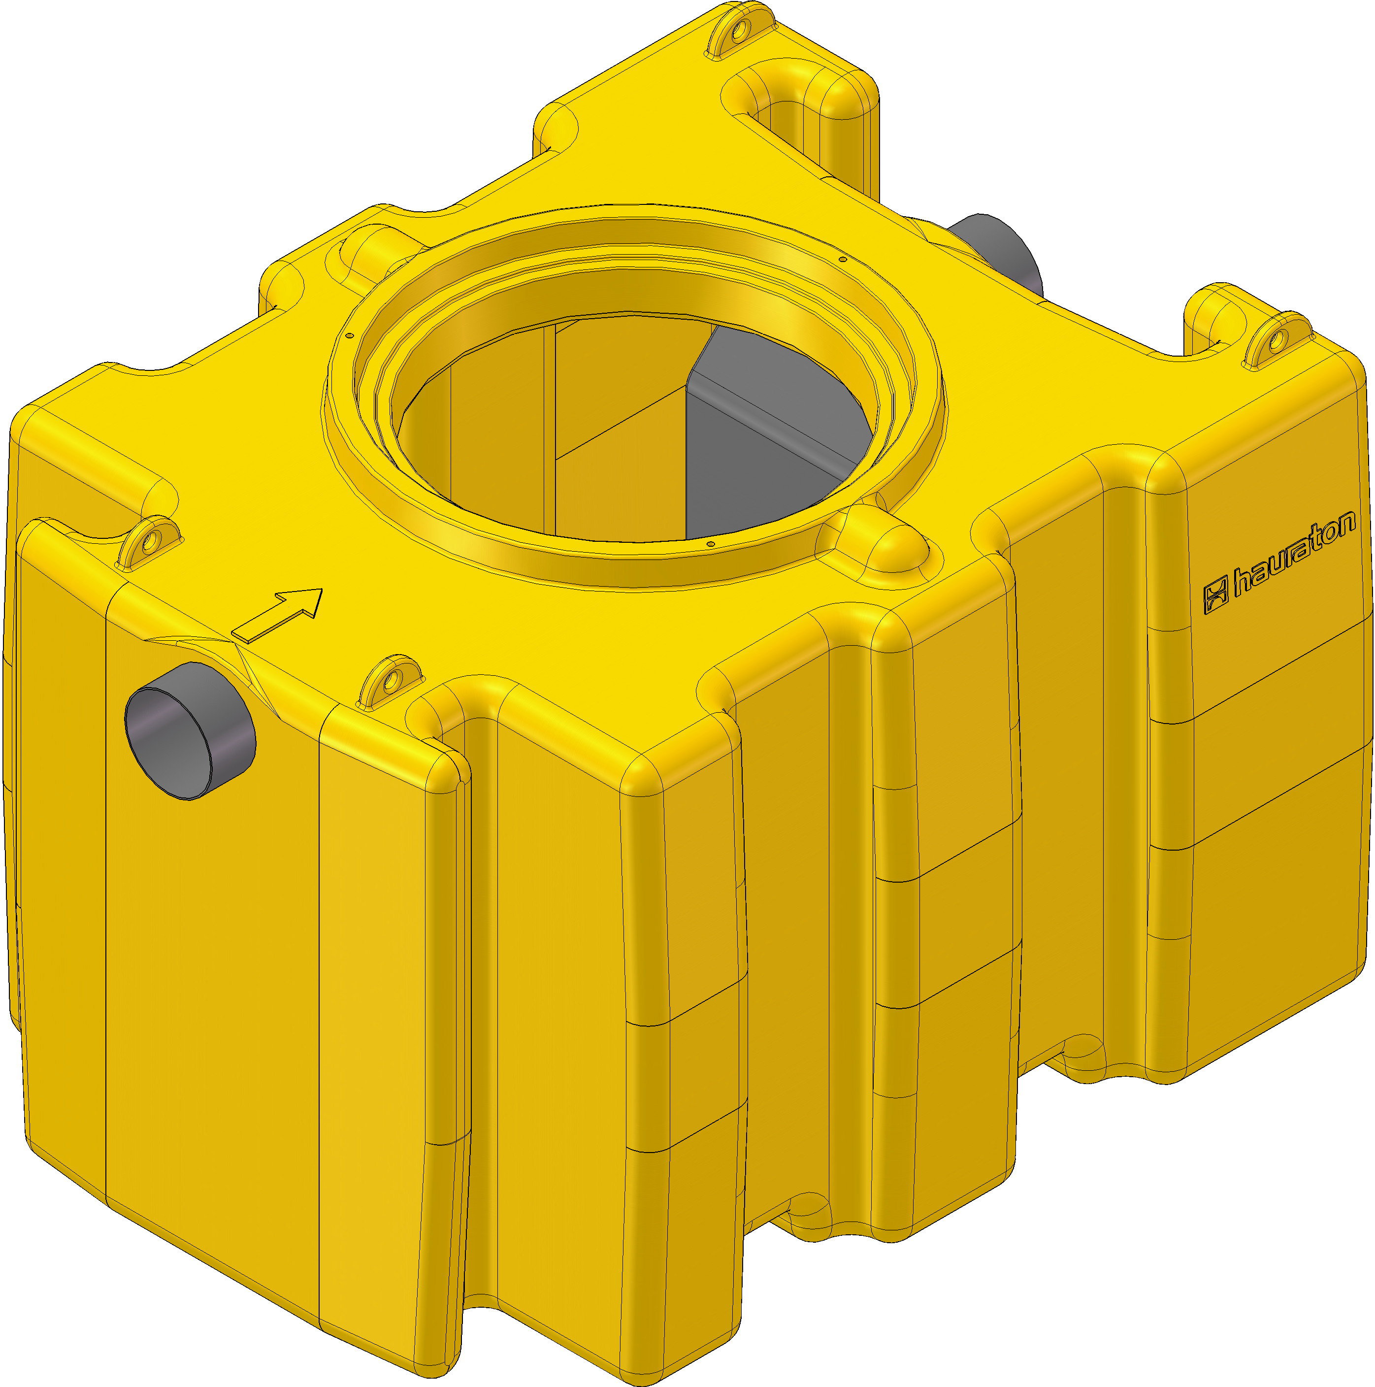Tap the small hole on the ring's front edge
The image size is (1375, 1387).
click(x=710, y=545)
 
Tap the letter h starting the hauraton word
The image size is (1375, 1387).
click(x=1242, y=585)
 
